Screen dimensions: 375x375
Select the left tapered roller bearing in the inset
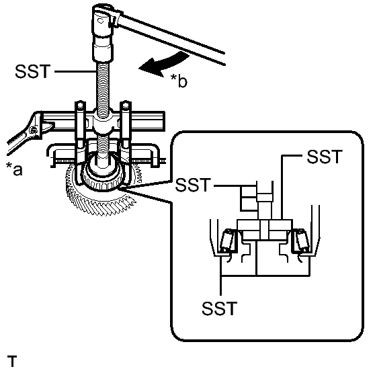coord(228,241)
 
